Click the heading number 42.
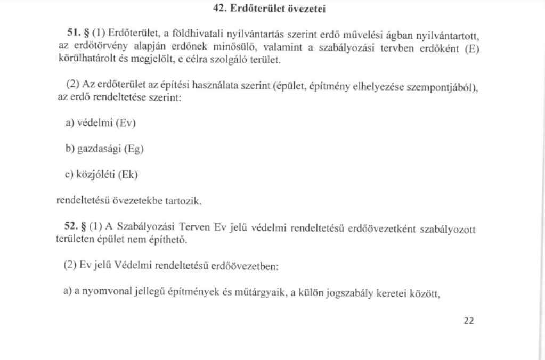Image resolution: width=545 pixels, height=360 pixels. [219, 9]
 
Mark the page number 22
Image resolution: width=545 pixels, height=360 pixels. [469, 321]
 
